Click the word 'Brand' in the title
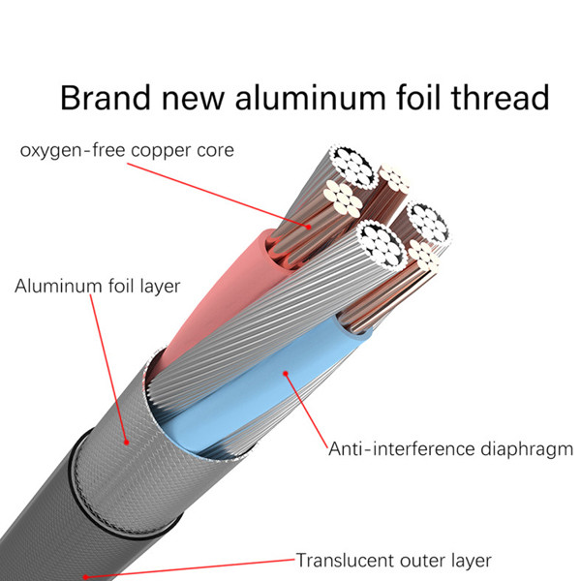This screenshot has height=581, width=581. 105,98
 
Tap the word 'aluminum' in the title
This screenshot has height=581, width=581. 310,98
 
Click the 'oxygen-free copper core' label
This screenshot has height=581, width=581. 127,151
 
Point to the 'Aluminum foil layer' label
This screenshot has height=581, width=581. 98,286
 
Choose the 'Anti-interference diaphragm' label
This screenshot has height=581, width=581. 450,449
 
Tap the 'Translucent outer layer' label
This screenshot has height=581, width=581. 393,561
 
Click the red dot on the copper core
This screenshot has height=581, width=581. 308,227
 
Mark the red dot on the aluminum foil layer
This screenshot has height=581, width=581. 126,443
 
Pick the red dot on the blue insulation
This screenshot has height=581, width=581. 286,373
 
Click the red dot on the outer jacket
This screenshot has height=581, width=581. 85,576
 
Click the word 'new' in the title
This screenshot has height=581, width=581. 193,101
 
